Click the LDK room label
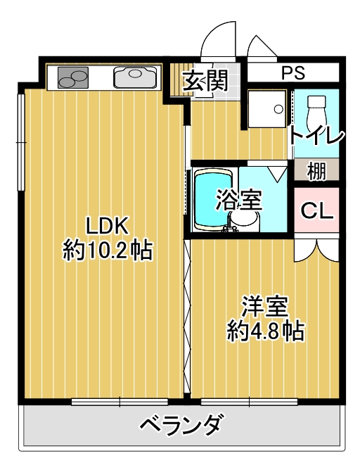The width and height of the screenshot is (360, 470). coord(106,225)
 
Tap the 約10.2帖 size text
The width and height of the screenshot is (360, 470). coord(108,250)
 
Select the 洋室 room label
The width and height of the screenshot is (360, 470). coord(265,307)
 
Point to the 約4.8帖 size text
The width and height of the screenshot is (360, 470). coord(265,331)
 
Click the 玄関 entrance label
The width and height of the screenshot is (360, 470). coord(206,81)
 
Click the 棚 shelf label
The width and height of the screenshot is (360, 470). coord(316,170)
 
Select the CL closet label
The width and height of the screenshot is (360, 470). coord(316,210)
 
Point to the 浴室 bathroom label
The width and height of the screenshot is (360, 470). coord(238,201)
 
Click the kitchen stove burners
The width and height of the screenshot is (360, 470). coord(72,77)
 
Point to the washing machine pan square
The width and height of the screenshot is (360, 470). coord(269,108)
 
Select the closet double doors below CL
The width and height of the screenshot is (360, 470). coord(316,250)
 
